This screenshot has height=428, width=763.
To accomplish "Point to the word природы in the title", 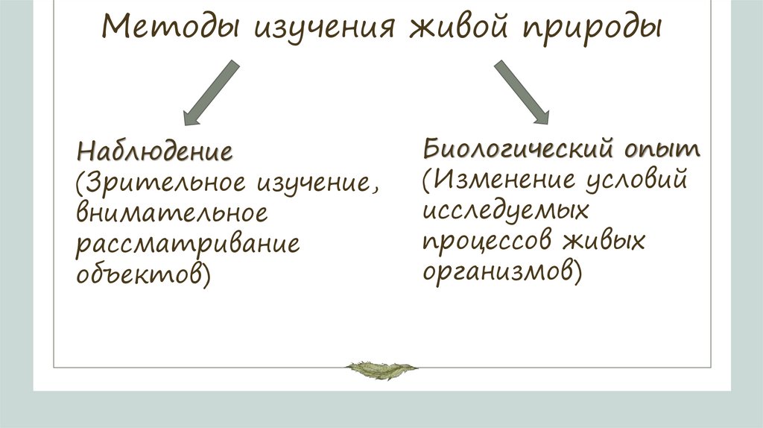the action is (x=588, y=31).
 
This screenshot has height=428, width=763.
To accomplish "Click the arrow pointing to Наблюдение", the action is (x=210, y=92).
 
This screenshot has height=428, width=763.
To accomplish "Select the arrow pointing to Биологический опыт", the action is (x=522, y=92).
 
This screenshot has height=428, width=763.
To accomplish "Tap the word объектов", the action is (x=139, y=274).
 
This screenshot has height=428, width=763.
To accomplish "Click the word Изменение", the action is (x=510, y=180).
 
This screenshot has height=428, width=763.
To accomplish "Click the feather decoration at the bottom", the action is (x=381, y=368).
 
